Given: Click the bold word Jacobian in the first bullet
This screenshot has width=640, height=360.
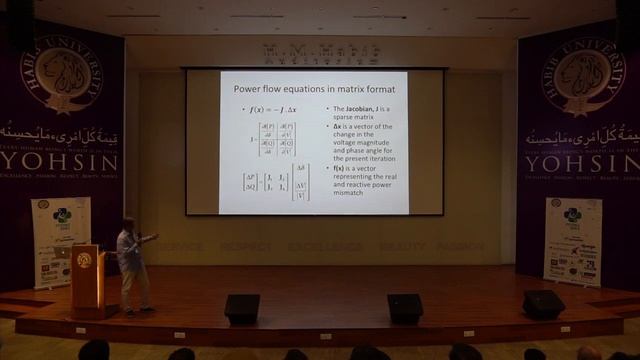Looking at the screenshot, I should coord(352,107).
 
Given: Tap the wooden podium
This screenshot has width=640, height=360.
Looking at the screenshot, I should coord(87,280).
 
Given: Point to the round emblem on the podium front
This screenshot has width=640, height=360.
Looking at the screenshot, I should coord(84,260).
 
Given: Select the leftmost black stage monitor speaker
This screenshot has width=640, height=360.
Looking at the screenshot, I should coord(241,308).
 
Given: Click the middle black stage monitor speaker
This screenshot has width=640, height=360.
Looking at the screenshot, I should coord(405,307).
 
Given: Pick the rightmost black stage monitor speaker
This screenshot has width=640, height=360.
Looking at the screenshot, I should coord(543,304).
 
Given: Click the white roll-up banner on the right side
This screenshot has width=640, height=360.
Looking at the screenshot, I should coord(573,241).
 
